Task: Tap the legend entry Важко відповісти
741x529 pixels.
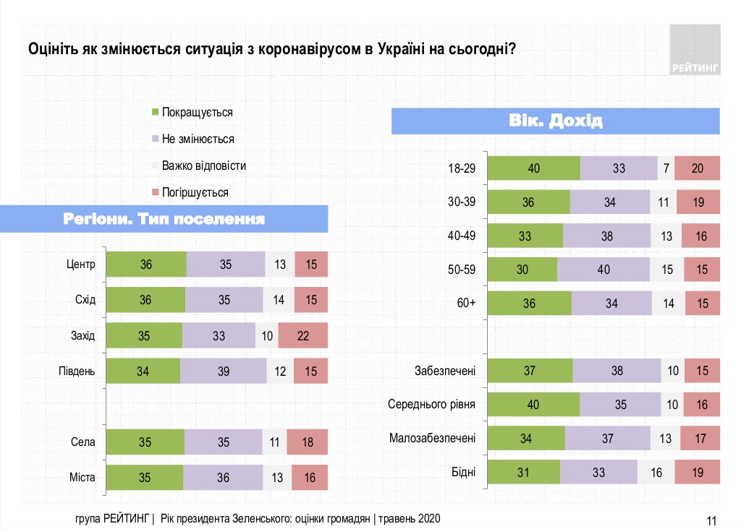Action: click(203, 165)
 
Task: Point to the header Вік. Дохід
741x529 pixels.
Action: click(556, 120)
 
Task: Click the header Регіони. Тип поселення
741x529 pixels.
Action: click(164, 219)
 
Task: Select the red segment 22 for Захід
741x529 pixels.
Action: click(302, 335)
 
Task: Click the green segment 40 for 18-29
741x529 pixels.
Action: click(534, 168)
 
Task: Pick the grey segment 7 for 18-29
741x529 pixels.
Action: click(666, 168)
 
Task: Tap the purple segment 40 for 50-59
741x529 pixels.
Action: click(604, 270)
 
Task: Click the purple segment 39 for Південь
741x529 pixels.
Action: click(223, 371)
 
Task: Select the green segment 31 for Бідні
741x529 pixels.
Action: click(524, 472)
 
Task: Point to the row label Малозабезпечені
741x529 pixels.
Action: click(432, 438)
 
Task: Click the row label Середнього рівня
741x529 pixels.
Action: click(431, 405)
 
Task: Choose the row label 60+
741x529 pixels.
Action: click(466, 304)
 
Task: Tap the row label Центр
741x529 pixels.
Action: click(80, 264)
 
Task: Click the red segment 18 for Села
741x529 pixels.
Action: click(307, 442)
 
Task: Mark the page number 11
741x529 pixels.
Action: click(711, 520)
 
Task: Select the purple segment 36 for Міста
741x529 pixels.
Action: click(223, 477)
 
